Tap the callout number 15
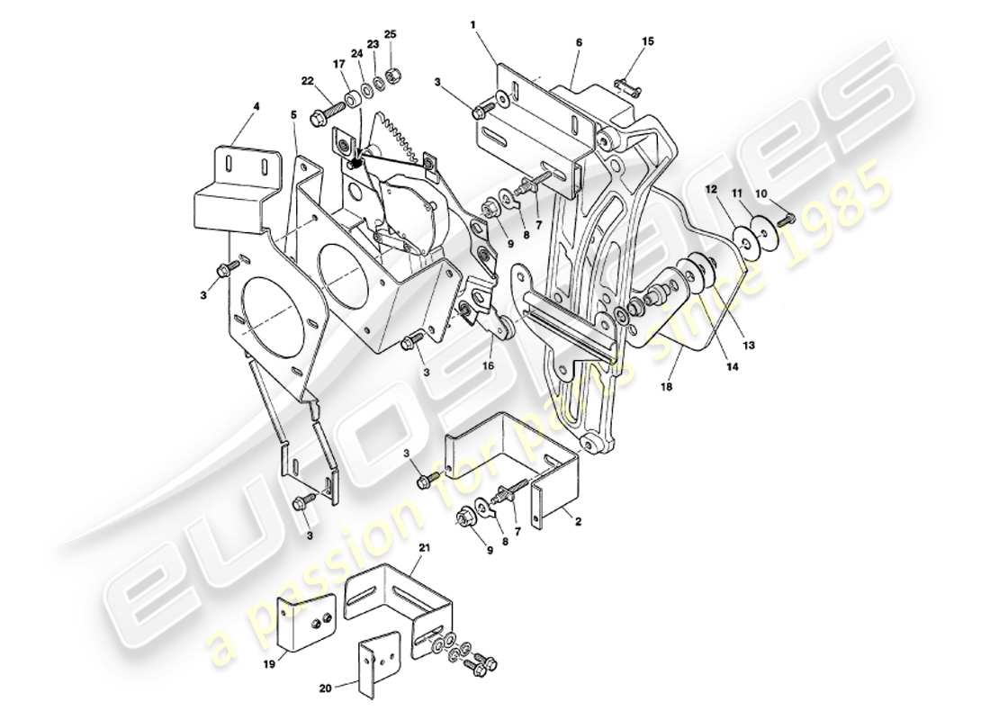click(648, 42)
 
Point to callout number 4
click(256, 106)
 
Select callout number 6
click(579, 41)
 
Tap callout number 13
click(749, 344)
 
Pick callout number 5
click(293, 114)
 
